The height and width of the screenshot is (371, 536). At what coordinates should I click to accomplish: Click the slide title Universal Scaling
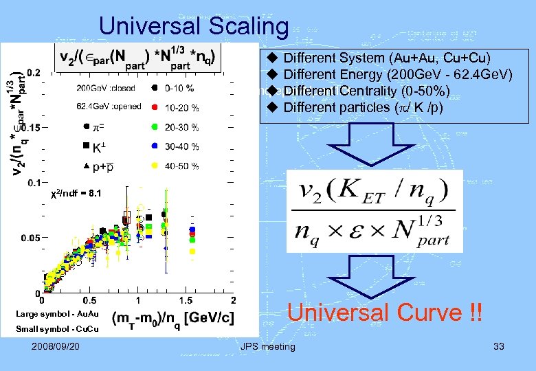pos(193,26)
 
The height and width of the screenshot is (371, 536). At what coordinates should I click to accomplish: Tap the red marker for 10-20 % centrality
pos(155,107)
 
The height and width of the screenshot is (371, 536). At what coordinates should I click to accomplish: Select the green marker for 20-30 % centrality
pos(155,127)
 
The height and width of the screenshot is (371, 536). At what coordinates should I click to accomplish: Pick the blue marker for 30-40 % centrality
pos(155,146)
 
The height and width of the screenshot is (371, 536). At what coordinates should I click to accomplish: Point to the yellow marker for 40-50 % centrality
pos(155,166)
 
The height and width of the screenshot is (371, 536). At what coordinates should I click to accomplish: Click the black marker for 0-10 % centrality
pos(155,88)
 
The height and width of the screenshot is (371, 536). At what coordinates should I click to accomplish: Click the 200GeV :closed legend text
pos(107,88)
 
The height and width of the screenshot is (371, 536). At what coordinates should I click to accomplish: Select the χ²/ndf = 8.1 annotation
pos(77,194)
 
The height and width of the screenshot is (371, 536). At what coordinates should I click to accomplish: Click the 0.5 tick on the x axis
pos(89,300)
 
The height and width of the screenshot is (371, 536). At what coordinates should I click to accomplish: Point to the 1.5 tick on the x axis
pos(186,300)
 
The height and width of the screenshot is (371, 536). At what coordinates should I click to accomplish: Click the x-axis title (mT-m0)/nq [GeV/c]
pos(172,318)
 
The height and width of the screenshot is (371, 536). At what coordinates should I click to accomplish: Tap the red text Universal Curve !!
pos(384,313)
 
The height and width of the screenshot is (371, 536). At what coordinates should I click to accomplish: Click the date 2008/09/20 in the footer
pos(55,346)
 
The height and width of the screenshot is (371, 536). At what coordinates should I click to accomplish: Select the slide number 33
pos(498,346)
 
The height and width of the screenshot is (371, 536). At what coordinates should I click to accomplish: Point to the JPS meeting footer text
pos(267,346)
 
